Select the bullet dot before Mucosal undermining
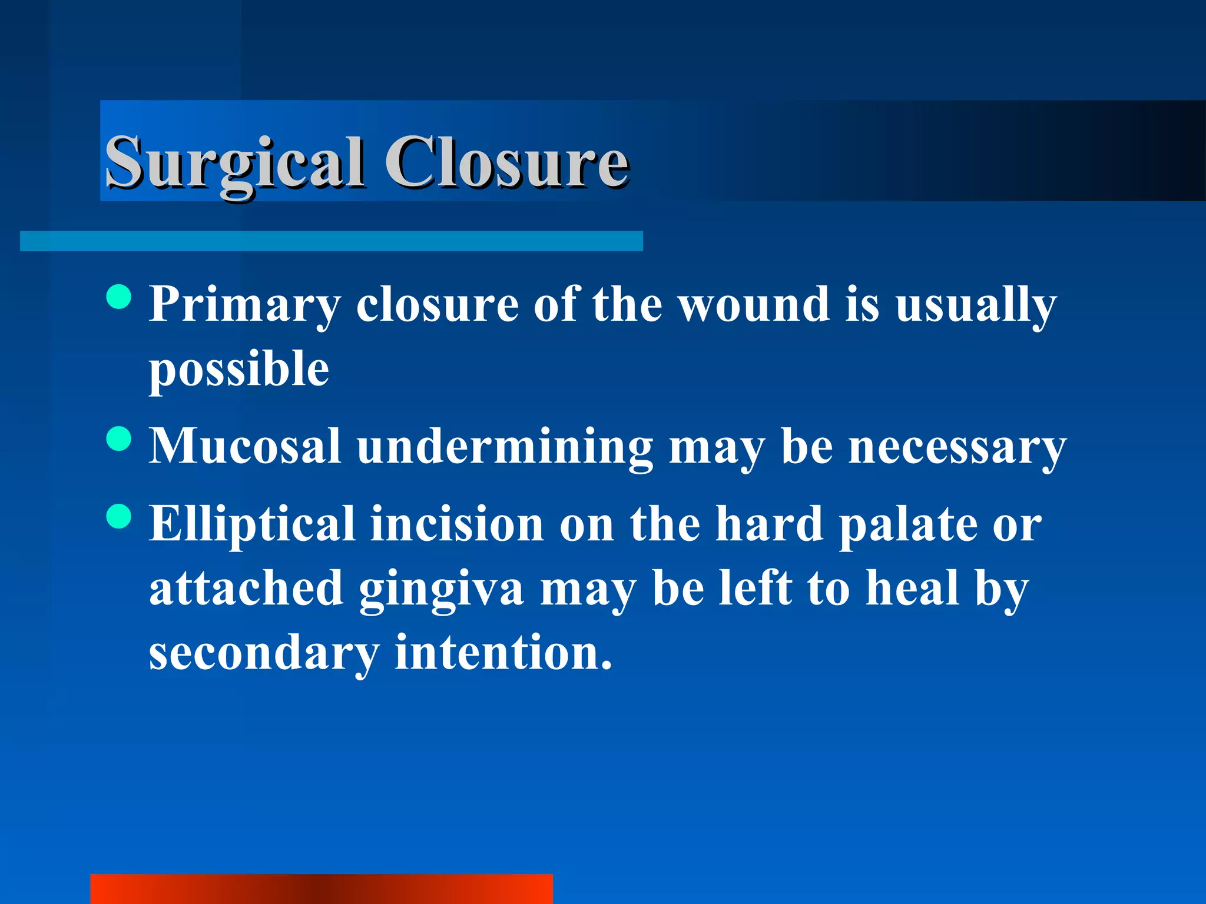pos(120,438)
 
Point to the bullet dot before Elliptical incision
pos(120,516)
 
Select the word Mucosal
pos(244,446)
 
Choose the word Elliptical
pos(252,525)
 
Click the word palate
pos(908,525)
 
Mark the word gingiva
pos(441,590)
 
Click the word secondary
pos(264,653)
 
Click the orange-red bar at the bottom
pos(321,889)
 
